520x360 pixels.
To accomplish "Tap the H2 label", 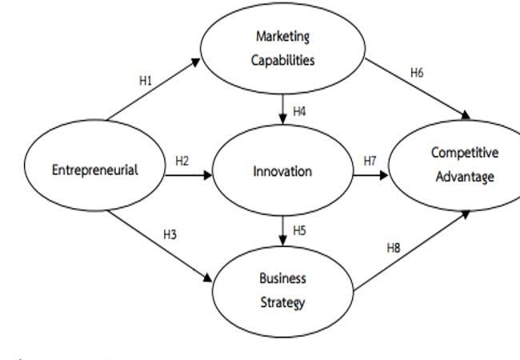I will (182, 161).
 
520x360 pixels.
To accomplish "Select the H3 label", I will (170, 234).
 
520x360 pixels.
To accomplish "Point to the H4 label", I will (298, 111).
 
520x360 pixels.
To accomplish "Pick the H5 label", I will (298, 230).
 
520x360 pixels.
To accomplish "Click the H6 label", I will (417, 73).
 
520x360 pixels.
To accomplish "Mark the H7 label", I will (370, 161).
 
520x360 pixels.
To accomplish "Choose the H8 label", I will (393, 248).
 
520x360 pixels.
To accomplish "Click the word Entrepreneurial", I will (94, 170).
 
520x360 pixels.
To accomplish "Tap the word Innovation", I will (282, 171).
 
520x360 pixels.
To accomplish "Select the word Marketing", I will (282, 36).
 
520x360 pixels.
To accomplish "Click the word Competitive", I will (464, 152).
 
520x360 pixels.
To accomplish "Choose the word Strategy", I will (282, 302).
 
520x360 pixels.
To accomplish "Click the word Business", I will (282, 279).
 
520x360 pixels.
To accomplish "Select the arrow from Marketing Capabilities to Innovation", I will (282, 108).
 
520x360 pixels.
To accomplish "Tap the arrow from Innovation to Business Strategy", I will (282, 232).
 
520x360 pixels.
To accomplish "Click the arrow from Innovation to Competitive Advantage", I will (368, 171).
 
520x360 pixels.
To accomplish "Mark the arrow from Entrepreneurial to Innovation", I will (188, 171).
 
